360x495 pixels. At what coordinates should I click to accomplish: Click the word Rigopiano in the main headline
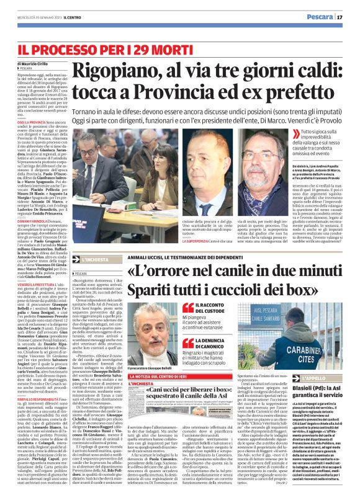click(114, 74)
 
